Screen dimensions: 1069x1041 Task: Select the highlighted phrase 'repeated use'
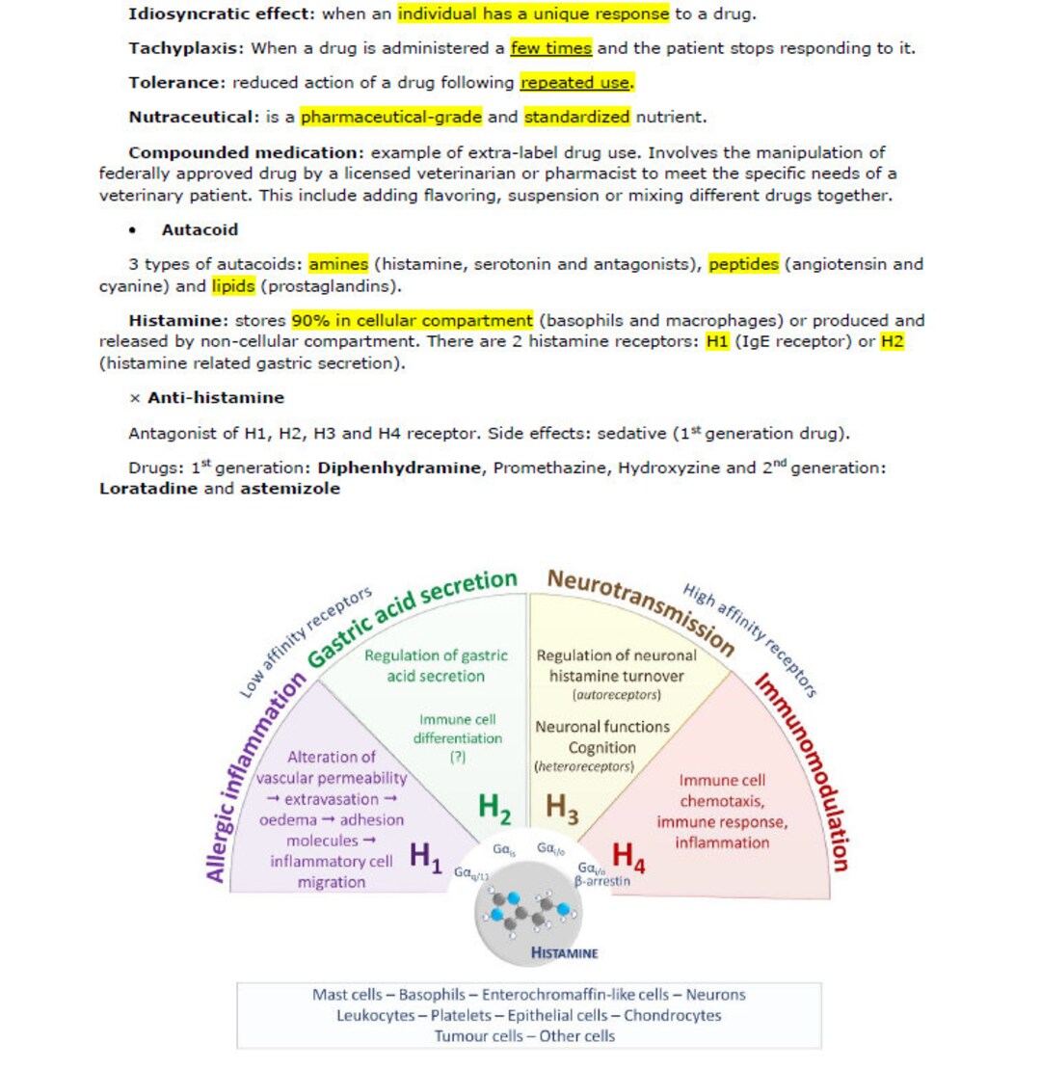575,83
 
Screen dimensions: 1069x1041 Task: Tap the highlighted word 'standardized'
576,118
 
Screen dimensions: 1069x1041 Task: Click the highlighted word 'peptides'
742,264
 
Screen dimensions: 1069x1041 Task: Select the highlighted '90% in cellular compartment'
412,320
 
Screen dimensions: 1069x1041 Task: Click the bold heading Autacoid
200,230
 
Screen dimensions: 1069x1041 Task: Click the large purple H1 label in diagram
425,858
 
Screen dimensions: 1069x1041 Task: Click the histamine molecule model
529,911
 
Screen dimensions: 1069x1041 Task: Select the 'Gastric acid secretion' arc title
412,616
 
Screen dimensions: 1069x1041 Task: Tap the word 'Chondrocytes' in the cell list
672,1015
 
